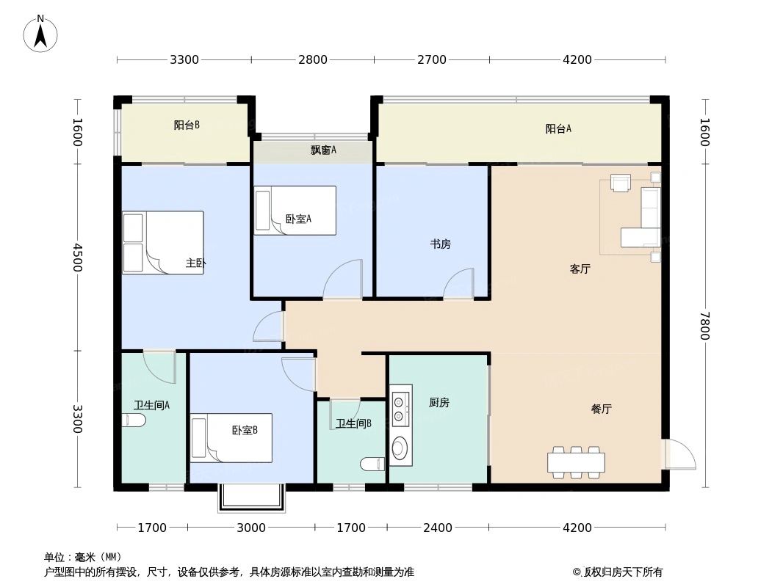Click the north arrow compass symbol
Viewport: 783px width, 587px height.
[41, 33]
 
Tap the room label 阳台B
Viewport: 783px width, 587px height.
[187, 125]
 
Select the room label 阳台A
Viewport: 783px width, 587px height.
[558, 129]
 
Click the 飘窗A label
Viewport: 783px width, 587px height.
[323, 150]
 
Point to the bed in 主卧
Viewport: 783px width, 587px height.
[163, 243]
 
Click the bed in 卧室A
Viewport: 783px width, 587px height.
[295, 211]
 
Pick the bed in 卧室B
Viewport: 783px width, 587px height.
[231, 438]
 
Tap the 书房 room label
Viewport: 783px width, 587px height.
[440, 244]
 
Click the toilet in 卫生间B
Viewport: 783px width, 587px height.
[373, 464]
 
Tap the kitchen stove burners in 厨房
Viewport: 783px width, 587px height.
[399, 409]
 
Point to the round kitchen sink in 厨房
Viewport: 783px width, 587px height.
[400, 448]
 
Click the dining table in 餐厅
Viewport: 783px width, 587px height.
[576, 462]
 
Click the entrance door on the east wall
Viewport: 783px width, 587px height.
[679, 454]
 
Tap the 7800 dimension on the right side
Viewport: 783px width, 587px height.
[704, 326]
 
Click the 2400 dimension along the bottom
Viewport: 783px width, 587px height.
[438, 528]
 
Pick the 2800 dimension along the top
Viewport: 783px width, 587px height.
[313, 60]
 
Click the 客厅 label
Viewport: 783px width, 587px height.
[580, 269]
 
